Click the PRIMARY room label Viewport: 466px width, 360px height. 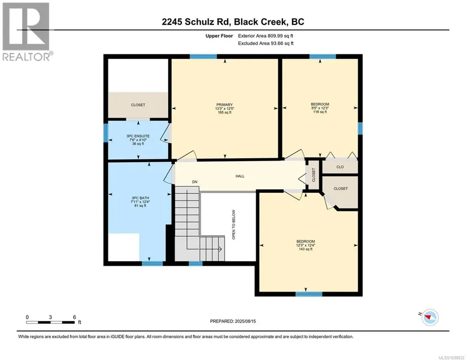coord(224,105)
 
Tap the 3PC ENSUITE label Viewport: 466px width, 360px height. coord(138,136)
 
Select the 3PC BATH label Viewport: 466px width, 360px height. coord(140,198)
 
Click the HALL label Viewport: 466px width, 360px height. coord(240,176)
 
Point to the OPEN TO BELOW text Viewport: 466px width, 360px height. coord(234,225)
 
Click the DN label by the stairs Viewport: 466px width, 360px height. coord(195,182)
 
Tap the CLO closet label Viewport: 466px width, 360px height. coord(340,167)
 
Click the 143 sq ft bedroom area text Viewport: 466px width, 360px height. coord(306,249)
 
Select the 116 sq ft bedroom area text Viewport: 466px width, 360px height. coord(320,112)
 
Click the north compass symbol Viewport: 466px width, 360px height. coord(430,317)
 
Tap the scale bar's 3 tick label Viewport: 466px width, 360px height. coord(50,317)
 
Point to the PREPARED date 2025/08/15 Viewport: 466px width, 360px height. coord(245,322)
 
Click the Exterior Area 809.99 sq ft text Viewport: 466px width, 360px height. coord(265,36)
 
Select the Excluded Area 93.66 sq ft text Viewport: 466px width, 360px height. coord(265,43)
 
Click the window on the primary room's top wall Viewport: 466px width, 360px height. coord(203,57)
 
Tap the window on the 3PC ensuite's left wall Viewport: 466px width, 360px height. coord(106,133)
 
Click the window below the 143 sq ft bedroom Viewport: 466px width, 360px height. coord(309,294)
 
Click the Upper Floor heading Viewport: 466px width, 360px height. coord(219,36)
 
